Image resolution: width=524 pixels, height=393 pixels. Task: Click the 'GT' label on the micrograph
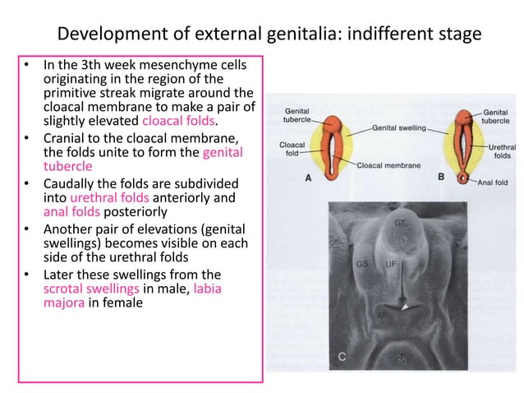(399, 223)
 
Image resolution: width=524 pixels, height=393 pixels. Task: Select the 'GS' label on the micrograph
(361, 265)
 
